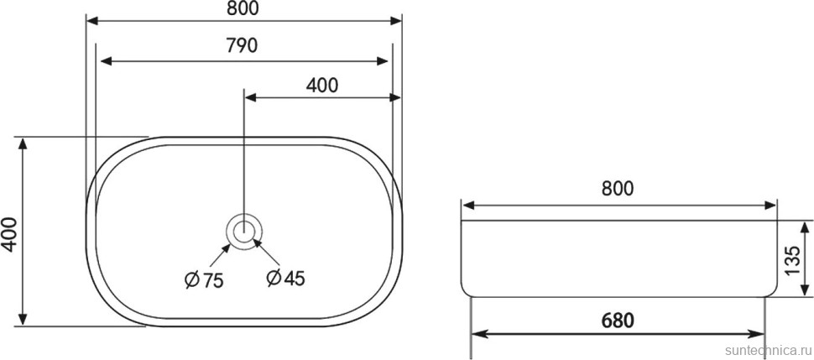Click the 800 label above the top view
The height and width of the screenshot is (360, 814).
click(242, 8)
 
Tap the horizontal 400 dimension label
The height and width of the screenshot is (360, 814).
click(321, 84)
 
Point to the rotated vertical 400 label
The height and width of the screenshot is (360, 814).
click(10, 233)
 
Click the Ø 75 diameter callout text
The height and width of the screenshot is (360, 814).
click(203, 279)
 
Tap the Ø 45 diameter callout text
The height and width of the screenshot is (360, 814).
click(284, 279)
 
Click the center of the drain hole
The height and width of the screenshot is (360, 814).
click(244, 229)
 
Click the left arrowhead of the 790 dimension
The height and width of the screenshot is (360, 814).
click(104, 61)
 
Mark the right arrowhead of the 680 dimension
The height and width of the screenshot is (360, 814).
click(759, 334)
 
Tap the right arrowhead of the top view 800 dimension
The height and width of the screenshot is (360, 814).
click(396, 20)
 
